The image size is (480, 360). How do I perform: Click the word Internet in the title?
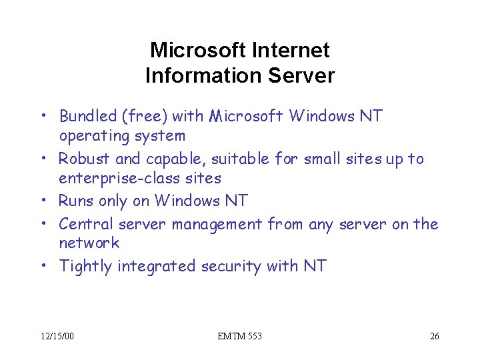pos(295,50)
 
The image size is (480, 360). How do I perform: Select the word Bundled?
pos(89,117)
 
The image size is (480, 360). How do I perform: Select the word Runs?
pos(76,201)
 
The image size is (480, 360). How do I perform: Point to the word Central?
pos(86,224)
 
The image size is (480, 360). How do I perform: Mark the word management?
pos(217,224)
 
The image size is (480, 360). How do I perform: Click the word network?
pos(89,243)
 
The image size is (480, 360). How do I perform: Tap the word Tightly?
pos(85,267)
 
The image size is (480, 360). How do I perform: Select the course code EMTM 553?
pos(240,336)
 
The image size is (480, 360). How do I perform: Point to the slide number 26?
pos(435,336)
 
